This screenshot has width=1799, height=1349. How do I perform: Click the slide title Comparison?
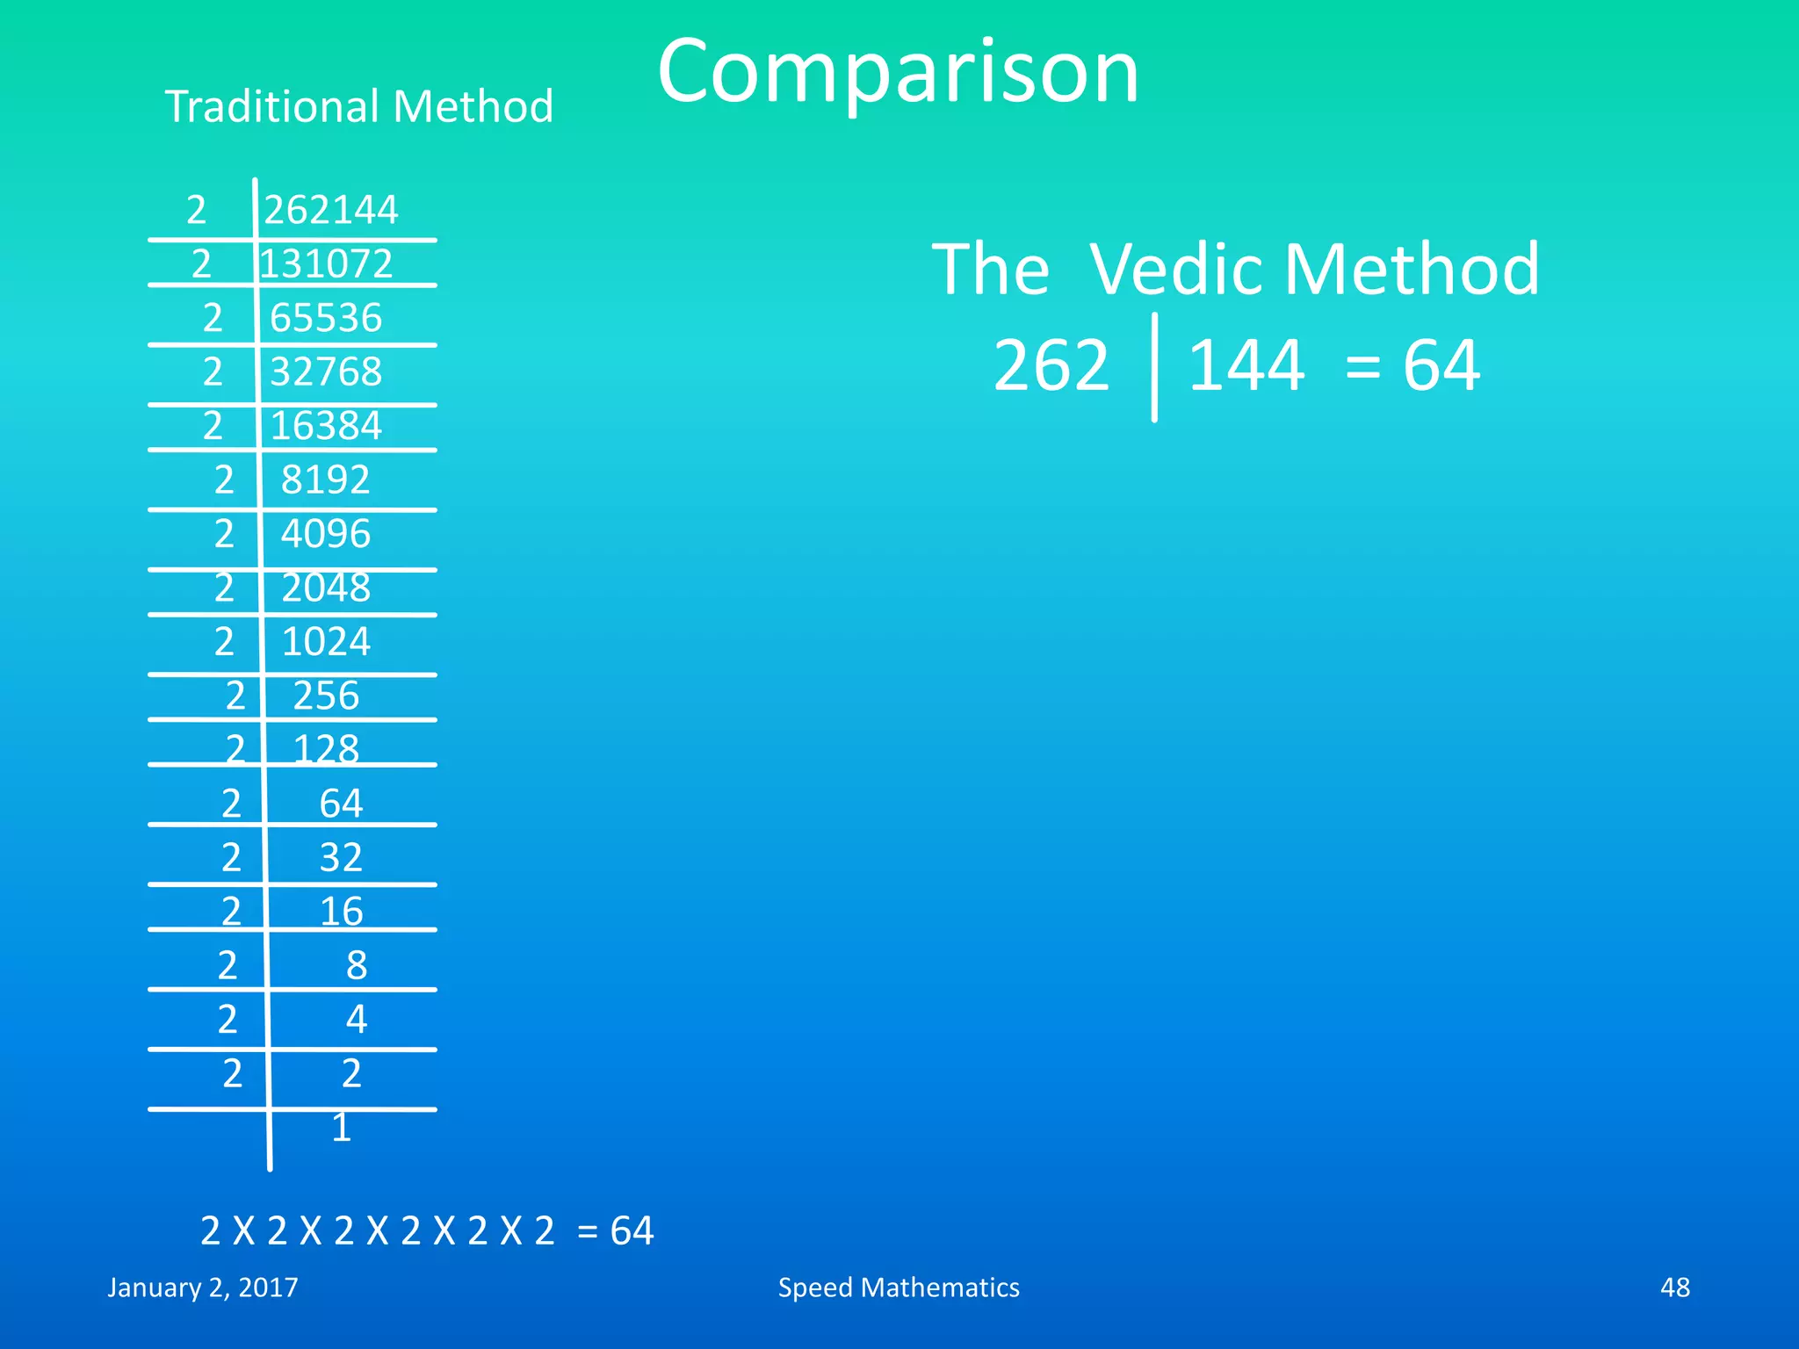[x=898, y=72]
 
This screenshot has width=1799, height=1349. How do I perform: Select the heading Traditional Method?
[x=358, y=106]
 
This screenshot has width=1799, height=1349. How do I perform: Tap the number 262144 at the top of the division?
[x=331, y=210]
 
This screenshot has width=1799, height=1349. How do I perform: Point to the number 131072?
[x=326, y=263]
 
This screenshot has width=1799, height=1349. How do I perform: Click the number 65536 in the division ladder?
[x=326, y=318]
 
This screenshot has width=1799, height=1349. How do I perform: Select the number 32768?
[x=326, y=372]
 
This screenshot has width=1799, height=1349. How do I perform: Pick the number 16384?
[x=326, y=426]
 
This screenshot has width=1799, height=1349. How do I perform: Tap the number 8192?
[x=326, y=480]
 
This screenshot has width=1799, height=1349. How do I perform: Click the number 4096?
[x=326, y=534]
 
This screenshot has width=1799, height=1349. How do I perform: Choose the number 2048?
[x=326, y=588]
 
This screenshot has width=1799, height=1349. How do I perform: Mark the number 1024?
[x=326, y=642]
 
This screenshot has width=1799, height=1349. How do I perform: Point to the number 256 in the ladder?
[x=326, y=696]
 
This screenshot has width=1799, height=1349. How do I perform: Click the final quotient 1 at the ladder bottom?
[x=342, y=1128]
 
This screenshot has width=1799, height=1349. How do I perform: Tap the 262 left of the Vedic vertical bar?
[x=1051, y=365]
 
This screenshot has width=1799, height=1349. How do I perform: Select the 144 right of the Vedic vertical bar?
[x=1246, y=365]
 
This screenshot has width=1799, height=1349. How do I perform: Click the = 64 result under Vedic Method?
[x=1412, y=365]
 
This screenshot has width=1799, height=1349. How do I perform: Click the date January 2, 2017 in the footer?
[x=203, y=1288]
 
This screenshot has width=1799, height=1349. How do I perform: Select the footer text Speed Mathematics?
[x=899, y=1288]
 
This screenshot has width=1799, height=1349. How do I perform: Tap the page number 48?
[x=1674, y=1288]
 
